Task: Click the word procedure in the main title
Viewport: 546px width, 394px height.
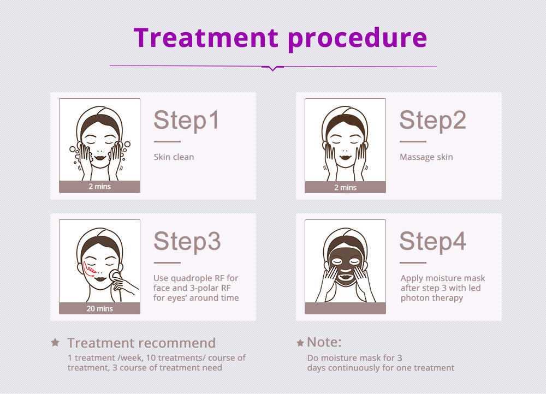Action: [357, 38]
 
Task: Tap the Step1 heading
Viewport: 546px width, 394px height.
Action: [186, 120]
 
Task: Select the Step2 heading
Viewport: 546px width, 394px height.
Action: [432, 120]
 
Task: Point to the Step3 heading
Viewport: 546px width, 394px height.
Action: [187, 241]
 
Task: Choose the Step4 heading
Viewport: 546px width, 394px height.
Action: [432, 241]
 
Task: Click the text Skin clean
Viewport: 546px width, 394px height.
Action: [174, 157]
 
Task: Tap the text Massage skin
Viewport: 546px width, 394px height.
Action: [426, 157]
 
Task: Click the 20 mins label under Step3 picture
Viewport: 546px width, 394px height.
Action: [99, 308]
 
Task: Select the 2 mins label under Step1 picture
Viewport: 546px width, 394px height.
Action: [99, 187]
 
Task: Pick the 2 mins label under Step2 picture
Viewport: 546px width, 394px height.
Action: [345, 187]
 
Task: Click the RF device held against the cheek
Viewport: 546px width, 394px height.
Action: [115, 275]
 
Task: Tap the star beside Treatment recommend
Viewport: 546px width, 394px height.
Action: [55, 343]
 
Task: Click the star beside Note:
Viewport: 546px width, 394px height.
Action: [300, 343]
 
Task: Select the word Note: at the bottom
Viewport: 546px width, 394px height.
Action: [324, 342]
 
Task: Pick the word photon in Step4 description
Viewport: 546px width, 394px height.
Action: [414, 298]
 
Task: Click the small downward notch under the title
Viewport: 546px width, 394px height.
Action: [273, 69]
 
